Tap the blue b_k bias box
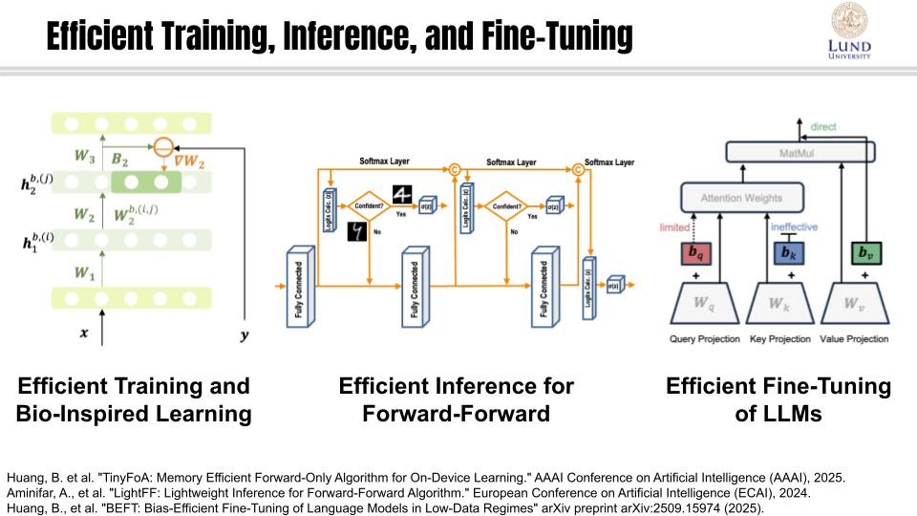(785, 253)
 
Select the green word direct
(823, 126)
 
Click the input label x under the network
(83, 334)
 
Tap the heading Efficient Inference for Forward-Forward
(457, 399)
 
